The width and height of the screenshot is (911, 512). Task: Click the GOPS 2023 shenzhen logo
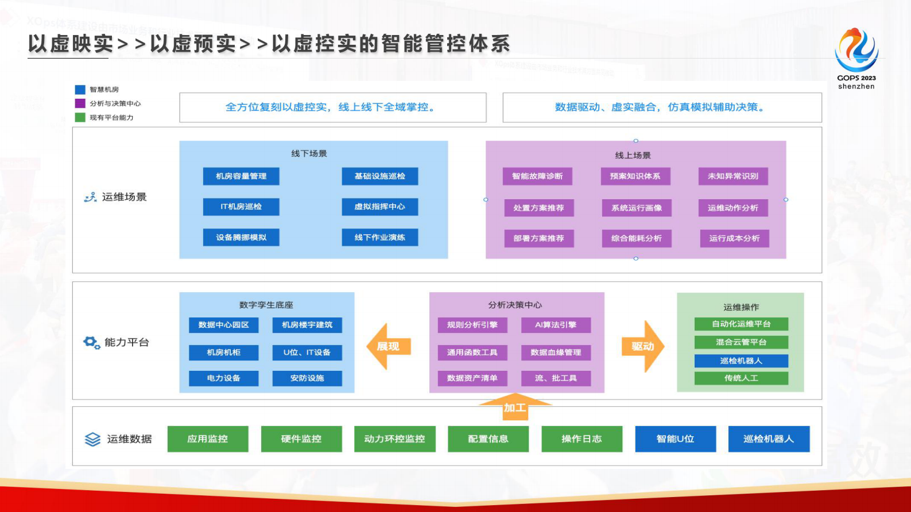click(856, 57)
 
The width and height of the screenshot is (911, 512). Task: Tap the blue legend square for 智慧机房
click(80, 90)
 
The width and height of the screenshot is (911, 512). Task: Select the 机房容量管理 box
click(241, 176)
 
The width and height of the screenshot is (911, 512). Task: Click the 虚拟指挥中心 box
click(379, 207)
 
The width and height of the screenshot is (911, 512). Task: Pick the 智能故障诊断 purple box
click(537, 176)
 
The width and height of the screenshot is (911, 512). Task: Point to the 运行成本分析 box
click(734, 238)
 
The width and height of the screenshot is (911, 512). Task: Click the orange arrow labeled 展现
click(388, 346)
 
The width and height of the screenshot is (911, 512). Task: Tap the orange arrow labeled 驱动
click(643, 346)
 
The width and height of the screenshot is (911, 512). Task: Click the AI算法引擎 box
click(556, 325)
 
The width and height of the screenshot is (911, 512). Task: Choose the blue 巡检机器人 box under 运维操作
click(741, 361)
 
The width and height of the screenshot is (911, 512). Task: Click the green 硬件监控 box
click(301, 439)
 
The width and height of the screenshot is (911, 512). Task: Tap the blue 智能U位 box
click(675, 439)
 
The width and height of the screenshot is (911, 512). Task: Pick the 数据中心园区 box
click(224, 325)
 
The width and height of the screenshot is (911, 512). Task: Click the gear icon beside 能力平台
click(91, 343)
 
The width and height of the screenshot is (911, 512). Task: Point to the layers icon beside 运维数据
click(92, 440)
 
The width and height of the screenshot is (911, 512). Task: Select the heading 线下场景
click(309, 154)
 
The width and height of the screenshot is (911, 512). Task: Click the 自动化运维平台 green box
click(741, 324)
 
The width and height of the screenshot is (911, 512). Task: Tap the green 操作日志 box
click(582, 439)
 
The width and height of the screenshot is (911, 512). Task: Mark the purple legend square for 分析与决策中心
click(80, 103)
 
